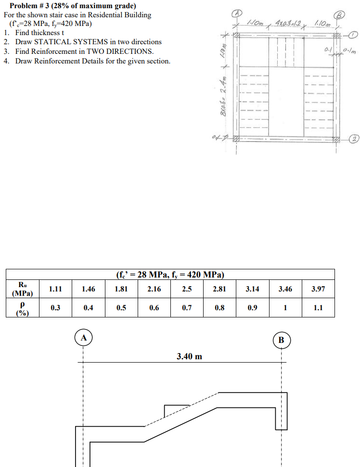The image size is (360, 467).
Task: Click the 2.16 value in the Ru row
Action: [154, 289]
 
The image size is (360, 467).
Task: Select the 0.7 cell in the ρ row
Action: [187, 308]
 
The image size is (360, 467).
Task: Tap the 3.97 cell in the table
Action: [318, 289]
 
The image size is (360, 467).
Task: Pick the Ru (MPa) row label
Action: [22, 289]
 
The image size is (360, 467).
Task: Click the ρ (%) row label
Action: [22, 308]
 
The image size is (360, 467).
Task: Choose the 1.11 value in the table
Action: [56, 289]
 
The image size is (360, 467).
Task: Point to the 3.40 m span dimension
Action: [189, 356]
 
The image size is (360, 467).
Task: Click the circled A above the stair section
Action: [83, 338]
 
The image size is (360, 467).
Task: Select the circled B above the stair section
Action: [282, 340]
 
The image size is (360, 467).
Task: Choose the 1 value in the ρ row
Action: [285, 308]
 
